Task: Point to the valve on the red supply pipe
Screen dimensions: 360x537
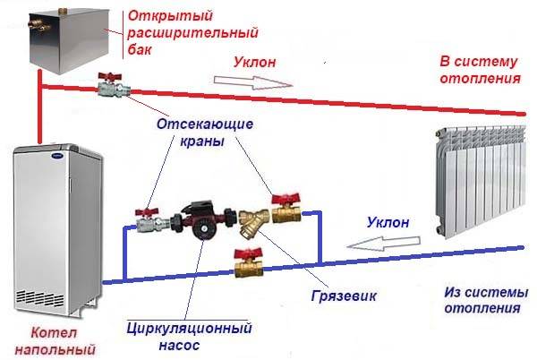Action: (x=111, y=87)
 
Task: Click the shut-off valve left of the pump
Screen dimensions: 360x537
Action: (x=147, y=218)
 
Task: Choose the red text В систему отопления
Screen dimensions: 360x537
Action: (x=478, y=70)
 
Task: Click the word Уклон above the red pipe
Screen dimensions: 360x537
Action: (x=256, y=63)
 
